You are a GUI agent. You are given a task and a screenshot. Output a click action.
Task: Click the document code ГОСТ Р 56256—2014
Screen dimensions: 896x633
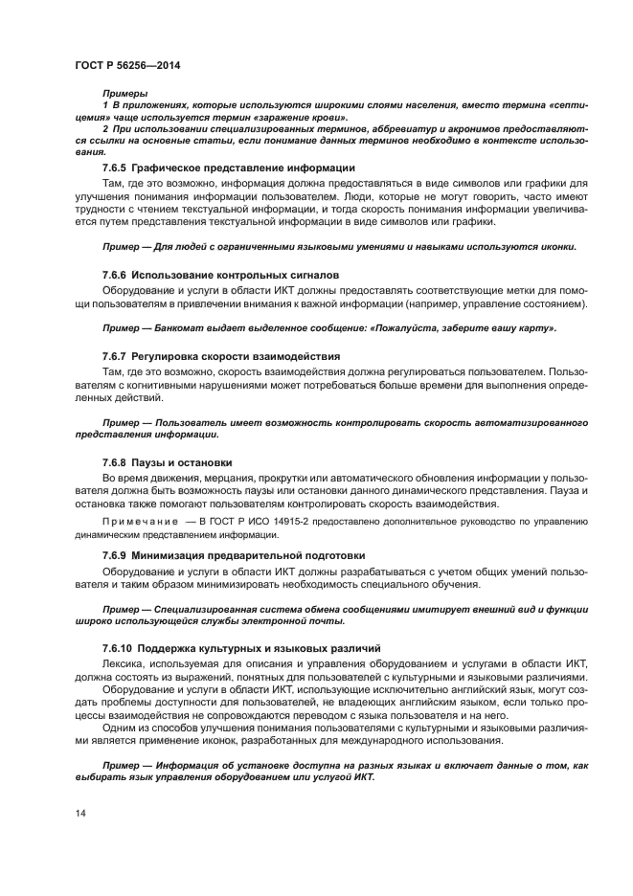point(127,64)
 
